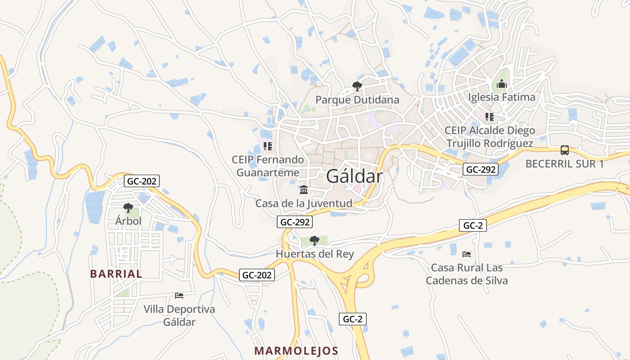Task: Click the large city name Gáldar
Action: [355, 176]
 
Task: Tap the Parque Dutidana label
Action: [357, 99]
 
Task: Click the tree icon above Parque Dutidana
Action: [357, 85]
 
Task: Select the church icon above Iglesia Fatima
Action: [502, 84]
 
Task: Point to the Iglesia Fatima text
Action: [502, 97]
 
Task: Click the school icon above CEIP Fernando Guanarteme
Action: [268, 146]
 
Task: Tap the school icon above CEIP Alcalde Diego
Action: [490, 117]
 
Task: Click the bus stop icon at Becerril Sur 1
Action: [565, 150]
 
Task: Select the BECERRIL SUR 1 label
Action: [565, 164]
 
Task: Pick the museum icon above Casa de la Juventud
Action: [304, 189]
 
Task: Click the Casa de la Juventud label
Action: [304, 203]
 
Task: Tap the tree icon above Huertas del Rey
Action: [315, 240]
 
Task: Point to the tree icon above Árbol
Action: [128, 207]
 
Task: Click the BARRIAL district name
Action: [116, 274]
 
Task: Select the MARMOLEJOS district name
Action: [296, 351]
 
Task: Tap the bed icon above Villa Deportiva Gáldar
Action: [179, 296]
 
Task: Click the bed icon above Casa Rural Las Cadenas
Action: [467, 254]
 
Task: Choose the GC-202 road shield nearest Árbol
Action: [142, 181]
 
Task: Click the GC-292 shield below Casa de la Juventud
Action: [295, 222]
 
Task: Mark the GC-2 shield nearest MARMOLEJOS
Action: [352, 319]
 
